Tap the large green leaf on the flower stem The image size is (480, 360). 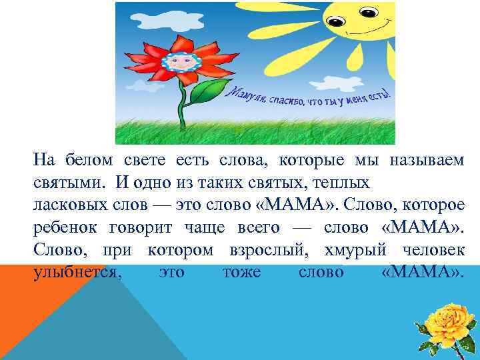click(x=207, y=92)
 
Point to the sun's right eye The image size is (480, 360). click(x=369, y=12)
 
